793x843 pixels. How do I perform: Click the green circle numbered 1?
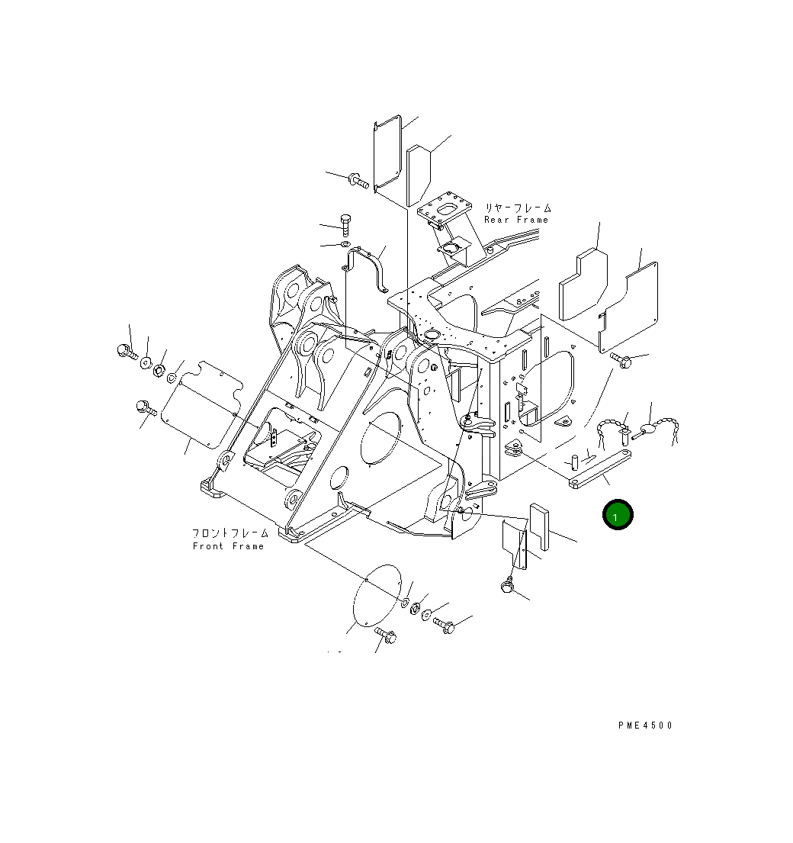617,515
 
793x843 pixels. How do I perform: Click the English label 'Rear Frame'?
516,220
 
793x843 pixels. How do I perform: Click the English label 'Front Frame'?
229,546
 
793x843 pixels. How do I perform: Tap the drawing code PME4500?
645,726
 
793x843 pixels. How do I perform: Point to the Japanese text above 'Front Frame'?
230,534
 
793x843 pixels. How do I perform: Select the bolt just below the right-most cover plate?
620,360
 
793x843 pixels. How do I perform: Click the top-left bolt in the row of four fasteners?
124,351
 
